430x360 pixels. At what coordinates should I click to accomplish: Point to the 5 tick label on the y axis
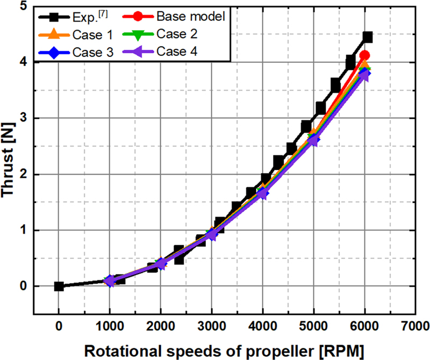(23, 6)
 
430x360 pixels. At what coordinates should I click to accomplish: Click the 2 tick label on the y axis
(23, 174)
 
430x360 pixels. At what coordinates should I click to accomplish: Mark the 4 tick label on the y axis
(23, 62)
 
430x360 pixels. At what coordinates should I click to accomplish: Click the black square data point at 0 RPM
(59, 286)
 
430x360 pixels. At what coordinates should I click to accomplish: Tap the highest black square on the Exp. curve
(368, 37)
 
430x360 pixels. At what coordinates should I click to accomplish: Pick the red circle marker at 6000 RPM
(365, 55)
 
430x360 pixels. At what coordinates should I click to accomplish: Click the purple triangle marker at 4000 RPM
(263, 194)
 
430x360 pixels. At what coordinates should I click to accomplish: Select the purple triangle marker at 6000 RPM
(364, 75)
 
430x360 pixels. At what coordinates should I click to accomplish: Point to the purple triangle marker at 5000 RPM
(313, 141)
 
